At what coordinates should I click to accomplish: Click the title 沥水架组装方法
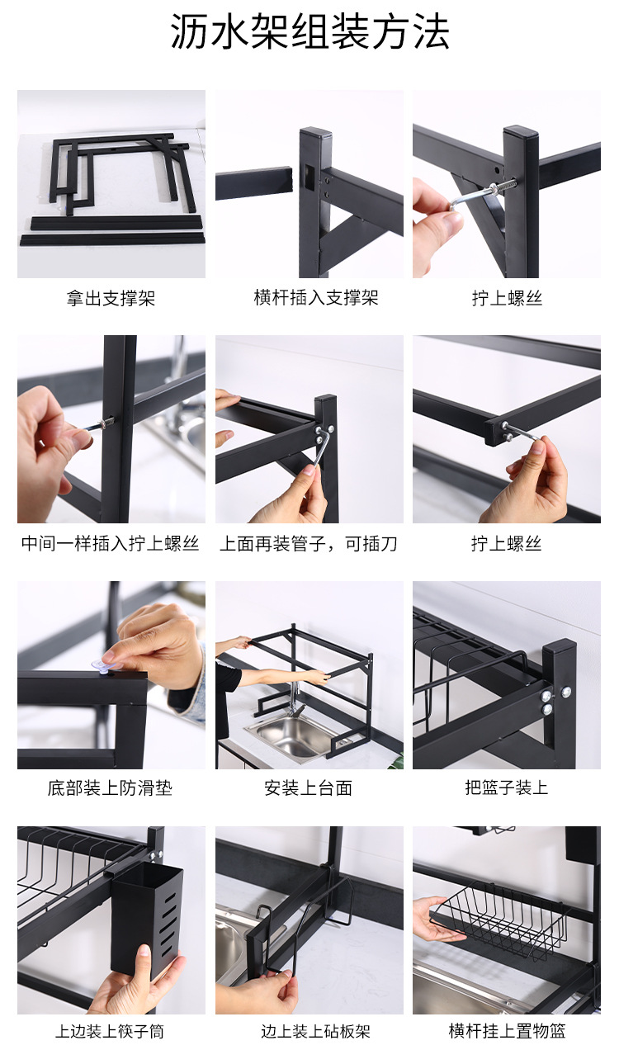pyautogui.click(x=309, y=33)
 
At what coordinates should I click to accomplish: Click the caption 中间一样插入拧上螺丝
pyautogui.click(x=111, y=544)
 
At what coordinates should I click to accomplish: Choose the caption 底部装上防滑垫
pyautogui.click(x=110, y=788)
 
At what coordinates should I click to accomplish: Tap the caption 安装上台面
pyautogui.click(x=309, y=788)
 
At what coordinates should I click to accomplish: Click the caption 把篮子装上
pyautogui.click(x=506, y=788)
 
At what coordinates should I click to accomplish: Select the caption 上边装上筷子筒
pyautogui.click(x=110, y=1032)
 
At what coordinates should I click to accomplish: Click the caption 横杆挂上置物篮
pyautogui.click(x=507, y=1032)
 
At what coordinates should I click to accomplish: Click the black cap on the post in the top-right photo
pyautogui.click(x=520, y=133)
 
